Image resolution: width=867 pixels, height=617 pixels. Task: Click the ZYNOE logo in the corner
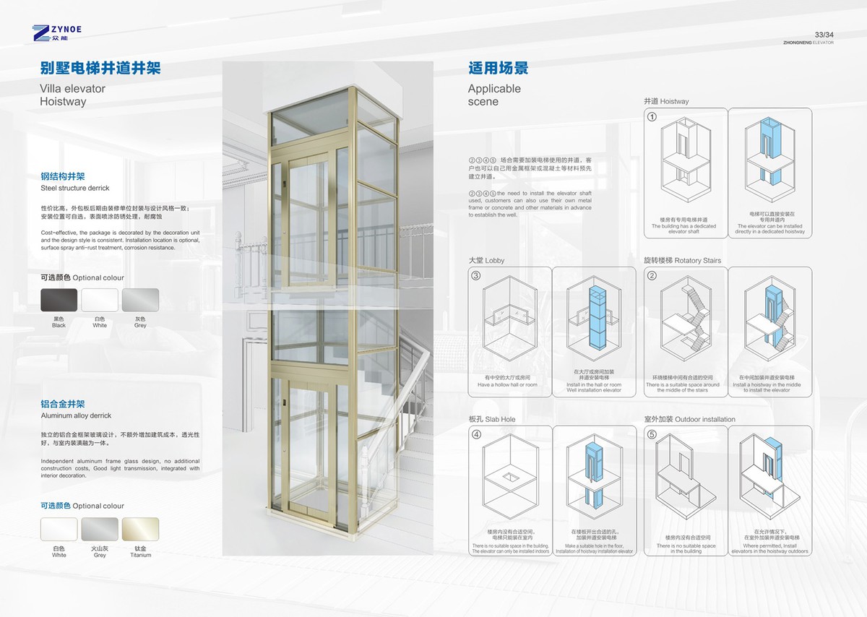pos(57,32)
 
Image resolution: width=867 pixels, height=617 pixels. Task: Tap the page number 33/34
pos(824,35)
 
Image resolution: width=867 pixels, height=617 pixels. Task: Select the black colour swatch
pos(59,300)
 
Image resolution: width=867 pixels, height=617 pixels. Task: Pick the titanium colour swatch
pos(140,529)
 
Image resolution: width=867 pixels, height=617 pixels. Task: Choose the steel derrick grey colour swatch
pos(140,300)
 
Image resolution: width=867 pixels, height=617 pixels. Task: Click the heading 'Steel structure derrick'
pos(75,188)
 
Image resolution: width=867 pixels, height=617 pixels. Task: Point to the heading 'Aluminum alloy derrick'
pos(76,416)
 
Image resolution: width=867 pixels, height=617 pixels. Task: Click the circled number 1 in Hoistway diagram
pos(652,116)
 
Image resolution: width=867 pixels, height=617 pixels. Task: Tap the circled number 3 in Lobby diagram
pos(475,275)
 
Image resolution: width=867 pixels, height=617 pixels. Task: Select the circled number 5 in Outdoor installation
pos(652,434)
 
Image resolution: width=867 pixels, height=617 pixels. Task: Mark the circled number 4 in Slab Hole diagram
pos(475,434)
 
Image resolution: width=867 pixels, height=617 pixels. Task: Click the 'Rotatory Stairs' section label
pos(682,260)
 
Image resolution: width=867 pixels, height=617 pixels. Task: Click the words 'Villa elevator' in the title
pos(73,89)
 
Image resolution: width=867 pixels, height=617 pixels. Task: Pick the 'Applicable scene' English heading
pos(494,95)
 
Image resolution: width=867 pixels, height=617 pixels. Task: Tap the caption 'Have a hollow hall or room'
pos(507,384)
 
